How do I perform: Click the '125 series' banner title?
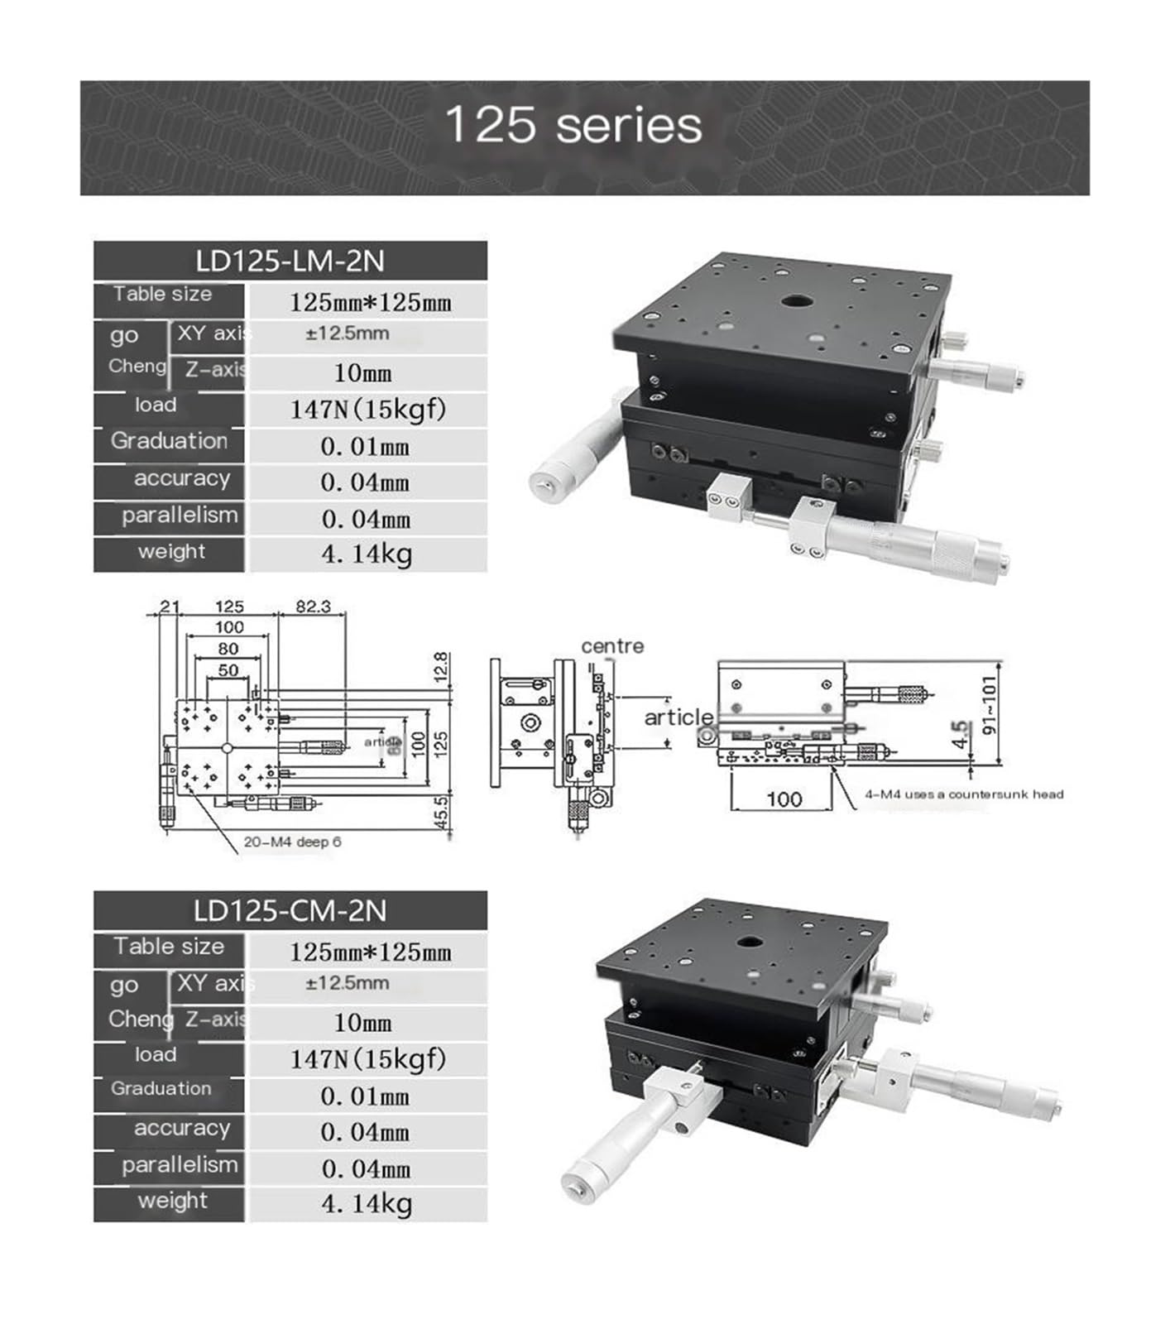573,126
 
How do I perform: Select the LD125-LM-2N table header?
290,261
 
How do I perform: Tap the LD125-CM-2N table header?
290,911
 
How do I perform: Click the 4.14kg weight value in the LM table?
367,554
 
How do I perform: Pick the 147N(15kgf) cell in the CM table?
367,1058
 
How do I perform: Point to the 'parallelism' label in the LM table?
180,516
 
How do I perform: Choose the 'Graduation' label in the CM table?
161,1089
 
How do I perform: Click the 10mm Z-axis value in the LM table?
362,373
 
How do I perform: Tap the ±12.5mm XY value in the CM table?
347,983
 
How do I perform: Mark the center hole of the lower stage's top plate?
750,942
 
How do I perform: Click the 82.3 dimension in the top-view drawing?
313,607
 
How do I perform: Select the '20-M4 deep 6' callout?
292,842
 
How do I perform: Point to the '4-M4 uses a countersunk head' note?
964,794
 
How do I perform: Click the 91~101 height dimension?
990,704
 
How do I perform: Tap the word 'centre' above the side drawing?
612,646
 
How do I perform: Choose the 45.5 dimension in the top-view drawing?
442,812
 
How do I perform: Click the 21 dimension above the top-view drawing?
169,607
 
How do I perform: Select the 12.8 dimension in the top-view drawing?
442,668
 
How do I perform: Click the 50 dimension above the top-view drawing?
228,670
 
